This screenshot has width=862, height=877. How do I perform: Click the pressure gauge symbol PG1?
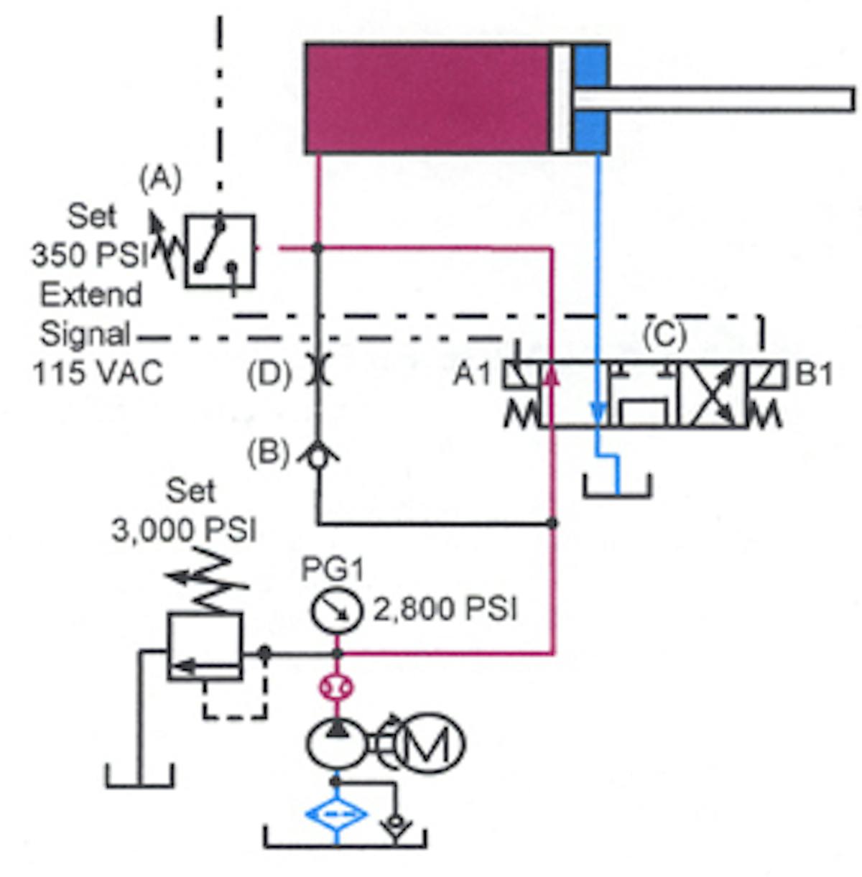[335, 611]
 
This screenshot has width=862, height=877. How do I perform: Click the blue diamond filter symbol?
[336, 815]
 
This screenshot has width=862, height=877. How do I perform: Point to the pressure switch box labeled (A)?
[219, 251]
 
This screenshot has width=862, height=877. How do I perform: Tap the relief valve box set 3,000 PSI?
[204, 646]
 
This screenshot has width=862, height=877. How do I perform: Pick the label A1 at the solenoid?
[472, 373]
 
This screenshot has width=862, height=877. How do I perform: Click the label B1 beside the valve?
[813, 374]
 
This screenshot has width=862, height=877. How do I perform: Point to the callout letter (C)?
[664, 335]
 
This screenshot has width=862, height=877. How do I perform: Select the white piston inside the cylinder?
[561, 98]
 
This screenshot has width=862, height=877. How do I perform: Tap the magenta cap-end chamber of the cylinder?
[427, 98]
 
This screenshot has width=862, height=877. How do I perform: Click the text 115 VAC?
[98, 373]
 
